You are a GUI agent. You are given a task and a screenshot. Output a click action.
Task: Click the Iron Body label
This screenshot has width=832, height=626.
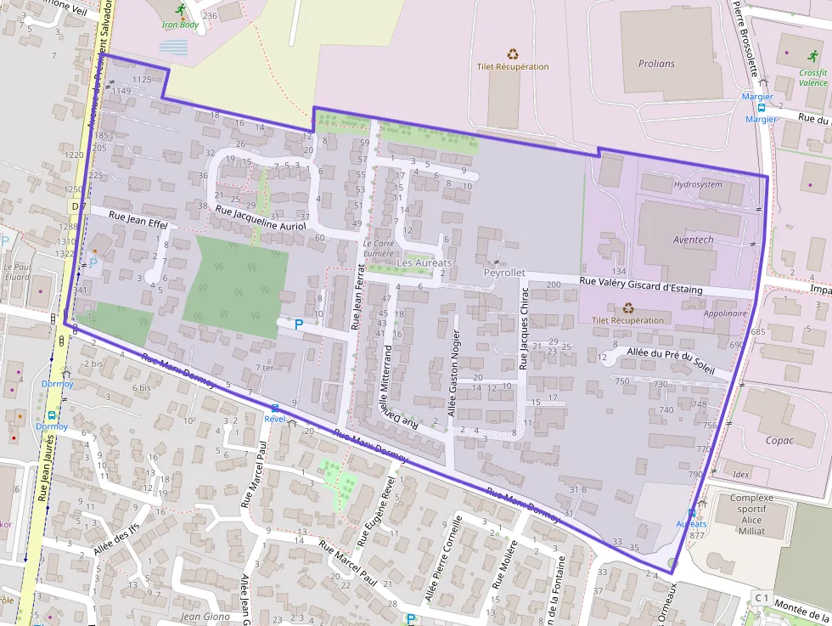180,25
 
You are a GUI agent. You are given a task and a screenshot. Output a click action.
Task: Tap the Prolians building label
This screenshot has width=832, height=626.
656,64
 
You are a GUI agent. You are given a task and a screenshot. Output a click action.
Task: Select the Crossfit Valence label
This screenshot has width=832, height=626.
812,78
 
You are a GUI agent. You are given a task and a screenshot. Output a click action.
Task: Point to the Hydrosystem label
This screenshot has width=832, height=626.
698,184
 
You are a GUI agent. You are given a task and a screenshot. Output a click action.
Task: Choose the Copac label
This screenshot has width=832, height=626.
779,440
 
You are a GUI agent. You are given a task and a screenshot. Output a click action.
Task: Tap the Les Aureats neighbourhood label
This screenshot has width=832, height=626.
424,263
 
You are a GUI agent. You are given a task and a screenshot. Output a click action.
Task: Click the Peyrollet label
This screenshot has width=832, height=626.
504,274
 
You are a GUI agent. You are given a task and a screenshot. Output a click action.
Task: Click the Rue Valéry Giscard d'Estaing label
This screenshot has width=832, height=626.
641,285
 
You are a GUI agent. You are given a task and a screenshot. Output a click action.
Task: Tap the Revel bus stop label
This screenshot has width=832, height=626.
274,418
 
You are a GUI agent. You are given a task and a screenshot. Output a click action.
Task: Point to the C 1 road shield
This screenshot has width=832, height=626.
761,599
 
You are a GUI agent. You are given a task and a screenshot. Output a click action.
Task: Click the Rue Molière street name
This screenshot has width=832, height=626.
506,563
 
